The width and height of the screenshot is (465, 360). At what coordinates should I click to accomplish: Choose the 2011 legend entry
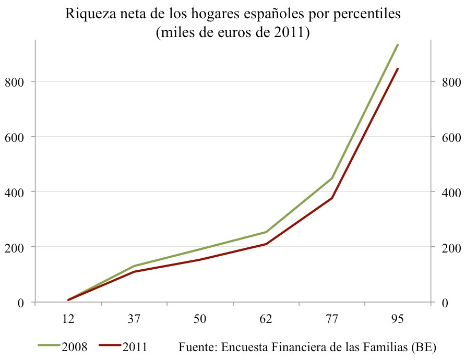pyautogui.click(x=134, y=346)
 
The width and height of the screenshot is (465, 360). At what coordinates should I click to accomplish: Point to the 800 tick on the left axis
pyautogui.click(x=14, y=82)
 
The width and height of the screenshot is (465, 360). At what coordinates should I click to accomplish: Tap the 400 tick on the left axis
pyautogui.click(x=14, y=192)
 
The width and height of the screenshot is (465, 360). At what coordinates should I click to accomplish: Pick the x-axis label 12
pyautogui.click(x=68, y=319)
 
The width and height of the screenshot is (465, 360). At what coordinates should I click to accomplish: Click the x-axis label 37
pyautogui.click(x=134, y=319)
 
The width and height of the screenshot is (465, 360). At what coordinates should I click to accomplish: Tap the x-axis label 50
pyautogui.click(x=200, y=319)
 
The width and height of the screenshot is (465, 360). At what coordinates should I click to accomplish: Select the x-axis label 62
pyautogui.click(x=266, y=319)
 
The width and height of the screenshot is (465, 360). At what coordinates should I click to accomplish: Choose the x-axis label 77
pyautogui.click(x=332, y=319)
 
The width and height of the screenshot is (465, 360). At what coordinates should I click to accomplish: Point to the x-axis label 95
pyautogui.click(x=398, y=319)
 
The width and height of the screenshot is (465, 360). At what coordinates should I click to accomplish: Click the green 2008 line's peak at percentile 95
pyautogui.click(x=398, y=45)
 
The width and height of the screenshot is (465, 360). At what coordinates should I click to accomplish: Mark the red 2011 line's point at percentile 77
pyautogui.click(x=332, y=198)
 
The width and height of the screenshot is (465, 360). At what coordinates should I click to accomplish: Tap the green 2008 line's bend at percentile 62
pyautogui.click(x=266, y=232)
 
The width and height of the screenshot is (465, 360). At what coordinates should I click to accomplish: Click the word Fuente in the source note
pyautogui.click(x=197, y=346)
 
